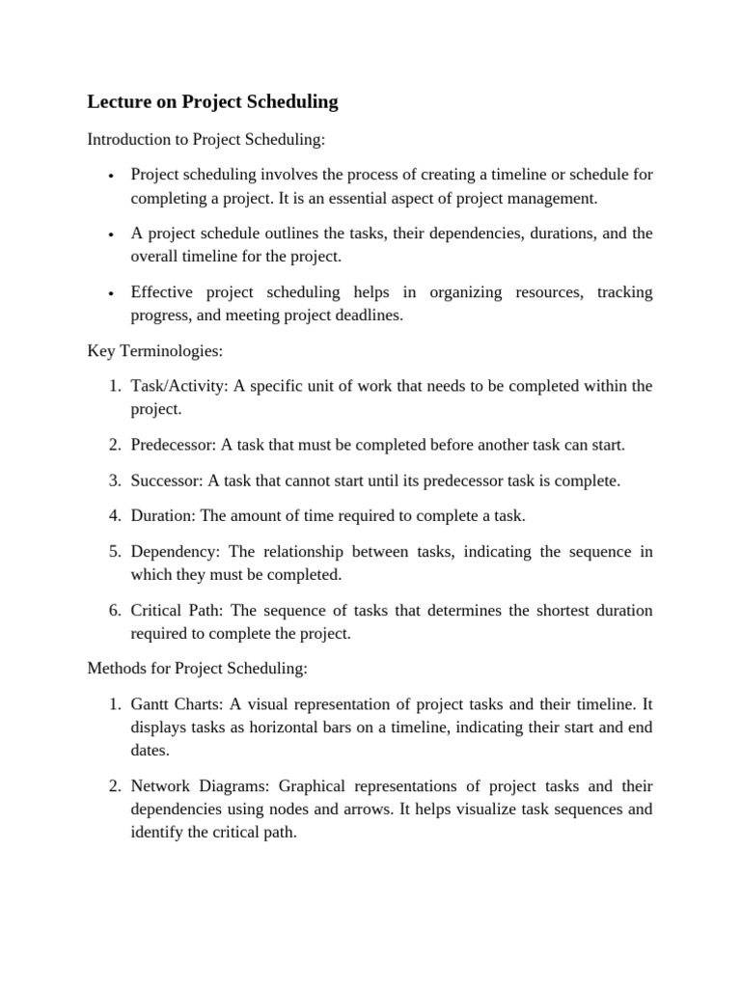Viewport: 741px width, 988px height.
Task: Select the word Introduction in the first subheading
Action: coord(128,139)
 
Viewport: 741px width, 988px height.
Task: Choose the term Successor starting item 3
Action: coord(163,480)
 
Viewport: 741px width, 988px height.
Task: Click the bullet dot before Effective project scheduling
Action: coord(112,293)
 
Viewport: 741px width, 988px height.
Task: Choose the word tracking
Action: coord(625,292)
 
